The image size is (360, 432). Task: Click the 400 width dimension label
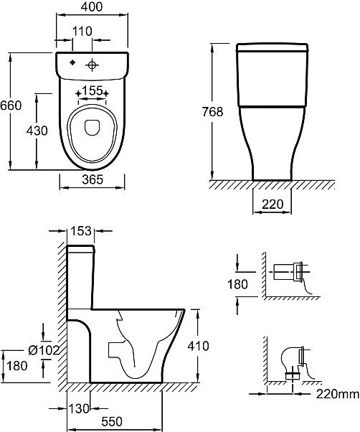pos(92,6)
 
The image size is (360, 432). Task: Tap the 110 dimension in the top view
pos(82,31)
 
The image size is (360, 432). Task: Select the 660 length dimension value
pos(11,105)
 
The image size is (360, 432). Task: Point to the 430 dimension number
pos(37,131)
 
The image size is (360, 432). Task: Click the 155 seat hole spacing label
pos(93,90)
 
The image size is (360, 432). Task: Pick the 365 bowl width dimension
pos(93,179)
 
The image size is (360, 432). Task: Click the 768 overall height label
pos(212,112)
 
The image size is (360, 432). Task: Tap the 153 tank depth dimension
pos(81,231)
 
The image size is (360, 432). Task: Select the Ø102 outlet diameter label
pos(44,350)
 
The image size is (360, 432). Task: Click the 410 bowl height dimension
pos(198,346)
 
